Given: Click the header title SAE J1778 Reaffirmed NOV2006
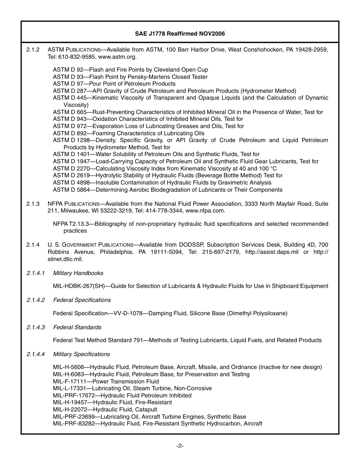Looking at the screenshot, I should (180, 34).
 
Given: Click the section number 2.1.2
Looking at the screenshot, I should (33, 50).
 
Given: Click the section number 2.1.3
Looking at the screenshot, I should (33, 204).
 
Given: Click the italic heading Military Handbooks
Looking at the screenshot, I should (78, 273).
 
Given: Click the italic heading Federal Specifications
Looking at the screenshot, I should (82, 300).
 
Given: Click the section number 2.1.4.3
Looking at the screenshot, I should (36, 327).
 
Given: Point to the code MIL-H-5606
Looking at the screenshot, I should (68, 367).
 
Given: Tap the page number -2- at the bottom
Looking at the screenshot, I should (180, 446).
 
